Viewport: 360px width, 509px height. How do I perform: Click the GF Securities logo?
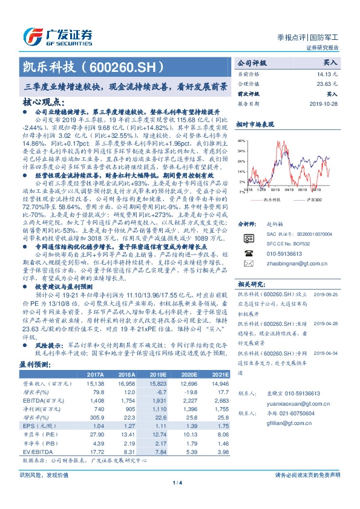57,34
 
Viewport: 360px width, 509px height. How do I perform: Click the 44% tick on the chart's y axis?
241,140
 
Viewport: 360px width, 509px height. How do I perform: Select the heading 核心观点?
41,103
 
